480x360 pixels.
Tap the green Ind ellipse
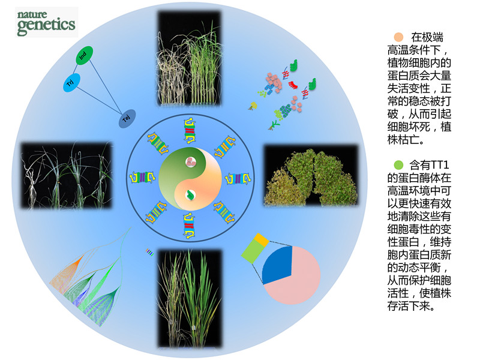83,57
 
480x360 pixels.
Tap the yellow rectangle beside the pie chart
261,239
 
